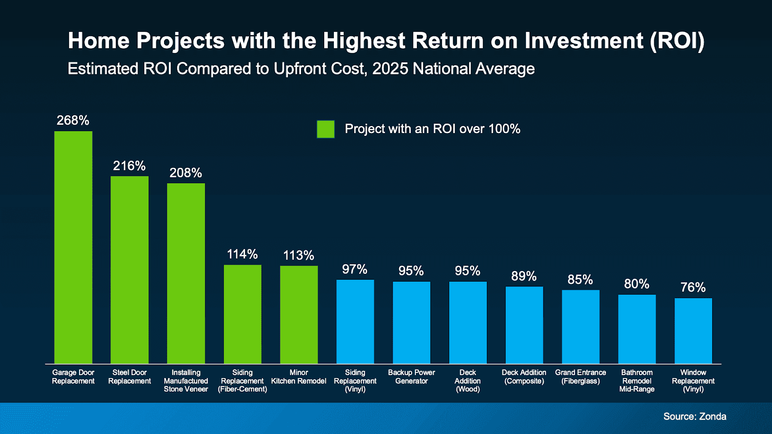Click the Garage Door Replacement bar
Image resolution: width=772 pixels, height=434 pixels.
pos(73,247)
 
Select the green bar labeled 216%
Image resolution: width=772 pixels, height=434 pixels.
pos(129,270)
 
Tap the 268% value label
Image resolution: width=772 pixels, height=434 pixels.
pos(73,120)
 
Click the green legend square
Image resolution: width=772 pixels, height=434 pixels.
pos(326,129)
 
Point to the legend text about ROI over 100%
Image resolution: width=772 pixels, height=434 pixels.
pos(432,129)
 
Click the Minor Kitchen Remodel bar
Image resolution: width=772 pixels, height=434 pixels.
pos(299,314)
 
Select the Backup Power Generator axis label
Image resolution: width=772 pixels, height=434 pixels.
pos(411,377)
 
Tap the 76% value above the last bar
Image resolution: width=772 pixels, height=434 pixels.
pos(693,287)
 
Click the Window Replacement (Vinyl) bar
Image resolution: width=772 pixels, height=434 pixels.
pos(693,331)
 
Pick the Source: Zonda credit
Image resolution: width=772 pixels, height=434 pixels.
pos(694,416)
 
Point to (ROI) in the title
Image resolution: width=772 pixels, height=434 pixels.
pos(677,41)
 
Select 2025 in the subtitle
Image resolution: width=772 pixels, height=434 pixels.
pos(390,68)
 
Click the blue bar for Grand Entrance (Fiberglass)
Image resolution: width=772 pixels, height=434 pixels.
pos(580,326)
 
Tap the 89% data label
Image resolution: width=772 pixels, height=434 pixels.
pos(524,276)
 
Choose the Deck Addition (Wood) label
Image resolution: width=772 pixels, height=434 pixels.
pos(468,380)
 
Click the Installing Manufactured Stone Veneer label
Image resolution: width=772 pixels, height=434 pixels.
pos(186,380)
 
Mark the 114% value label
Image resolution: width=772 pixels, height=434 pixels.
pos(242,254)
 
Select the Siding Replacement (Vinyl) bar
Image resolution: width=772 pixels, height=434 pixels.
pos(355,321)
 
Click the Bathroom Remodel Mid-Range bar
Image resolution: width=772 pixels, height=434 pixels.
pos(637,329)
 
